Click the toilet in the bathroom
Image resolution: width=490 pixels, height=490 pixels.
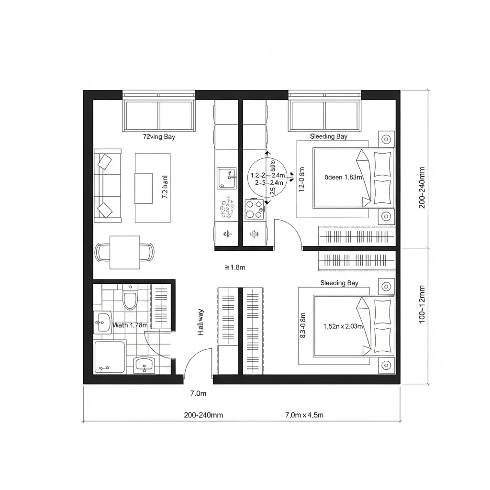pyautogui.click(x=130, y=299)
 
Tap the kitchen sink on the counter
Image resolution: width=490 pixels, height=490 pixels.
pyautogui.click(x=226, y=178)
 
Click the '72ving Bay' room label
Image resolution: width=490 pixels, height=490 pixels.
pyautogui.click(x=159, y=137)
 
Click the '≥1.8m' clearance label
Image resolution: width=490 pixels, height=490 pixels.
pyautogui.click(x=234, y=267)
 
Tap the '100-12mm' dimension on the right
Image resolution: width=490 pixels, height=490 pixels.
pyautogui.click(x=422, y=304)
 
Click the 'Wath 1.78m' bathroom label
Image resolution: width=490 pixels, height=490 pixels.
pyautogui.click(x=130, y=325)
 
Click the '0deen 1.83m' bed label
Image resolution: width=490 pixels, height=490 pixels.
pyautogui.click(x=343, y=177)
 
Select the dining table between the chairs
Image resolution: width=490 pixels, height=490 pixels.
pyautogui.click(x=124, y=252)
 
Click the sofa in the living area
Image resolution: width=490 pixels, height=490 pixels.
pyautogui.click(x=108, y=186)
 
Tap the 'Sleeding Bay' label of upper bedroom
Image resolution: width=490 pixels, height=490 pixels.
pyautogui.click(x=328, y=136)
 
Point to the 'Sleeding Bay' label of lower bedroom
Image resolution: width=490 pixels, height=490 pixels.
pyautogui.click(x=339, y=283)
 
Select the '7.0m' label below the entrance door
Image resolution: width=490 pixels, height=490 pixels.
pyautogui.click(x=198, y=394)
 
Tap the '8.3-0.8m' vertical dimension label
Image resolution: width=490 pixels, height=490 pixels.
pyautogui.click(x=302, y=326)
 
